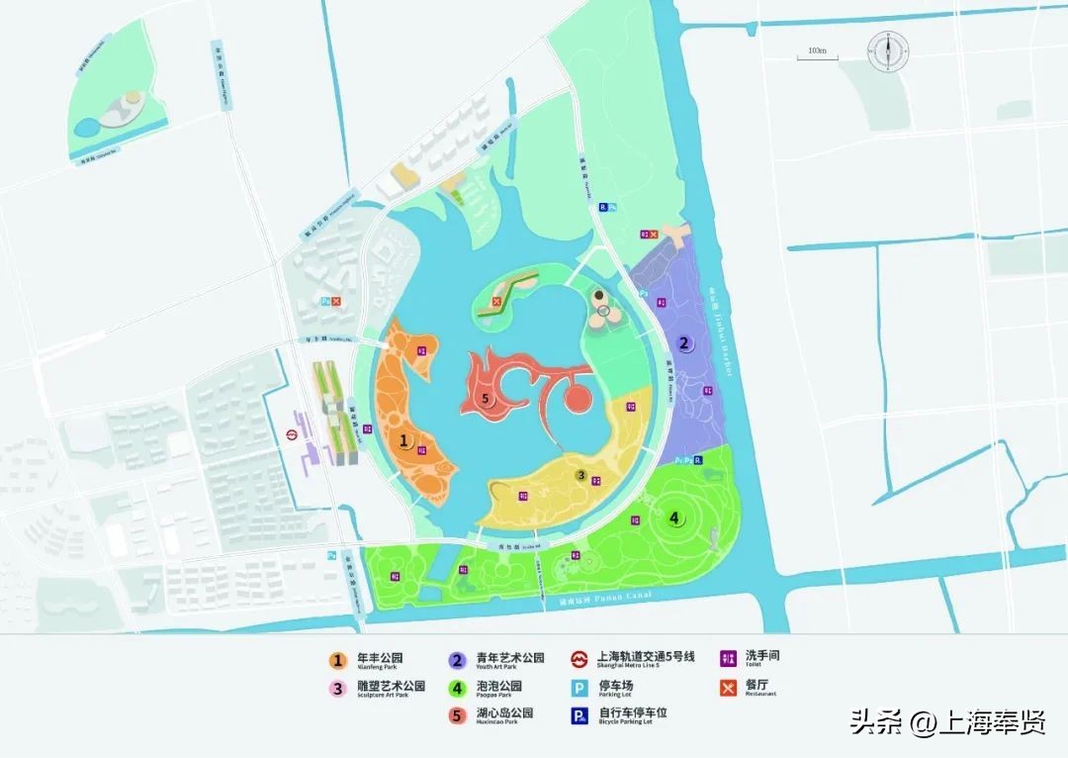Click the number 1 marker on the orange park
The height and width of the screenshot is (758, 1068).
click(x=403, y=442)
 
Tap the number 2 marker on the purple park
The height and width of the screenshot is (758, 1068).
click(x=683, y=344)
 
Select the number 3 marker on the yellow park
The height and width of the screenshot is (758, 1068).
click(x=582, y=475)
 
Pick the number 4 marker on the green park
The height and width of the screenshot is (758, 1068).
click(x=674, y=517)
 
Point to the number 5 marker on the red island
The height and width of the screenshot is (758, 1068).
click(x=485, y=399)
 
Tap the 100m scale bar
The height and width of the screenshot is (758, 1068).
click(x=817, y=55)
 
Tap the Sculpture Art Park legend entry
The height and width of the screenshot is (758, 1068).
click(x=380, y=687)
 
